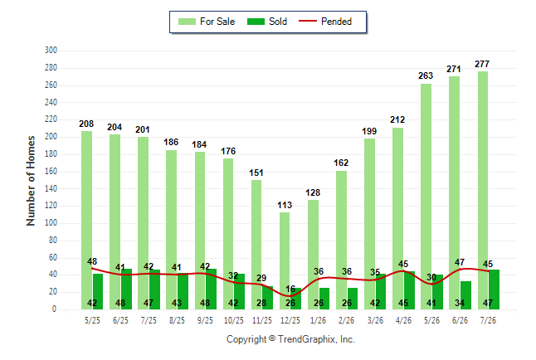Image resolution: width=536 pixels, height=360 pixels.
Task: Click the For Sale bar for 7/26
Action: (x=483, y=191)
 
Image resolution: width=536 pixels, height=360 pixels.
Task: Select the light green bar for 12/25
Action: (x=285, y=260)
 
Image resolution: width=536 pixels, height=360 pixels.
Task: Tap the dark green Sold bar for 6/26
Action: (x=465, y=295)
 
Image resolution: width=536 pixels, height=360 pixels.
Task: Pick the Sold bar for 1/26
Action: (x=324, y=299)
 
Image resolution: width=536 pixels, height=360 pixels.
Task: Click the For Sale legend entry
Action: (x=207, y=22)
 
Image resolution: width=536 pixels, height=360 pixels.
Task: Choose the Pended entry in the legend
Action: (x=325, y=22)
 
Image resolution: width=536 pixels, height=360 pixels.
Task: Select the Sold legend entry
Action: (x=267, y=22)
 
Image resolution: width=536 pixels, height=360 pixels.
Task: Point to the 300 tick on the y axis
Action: (x=51, y=51)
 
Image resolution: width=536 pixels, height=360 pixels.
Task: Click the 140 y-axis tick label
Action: (x=51, y=188)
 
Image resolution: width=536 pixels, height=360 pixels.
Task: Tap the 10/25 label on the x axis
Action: (x=234, y=320)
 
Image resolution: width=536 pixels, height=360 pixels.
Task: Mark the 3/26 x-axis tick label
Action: (x=375, y=320)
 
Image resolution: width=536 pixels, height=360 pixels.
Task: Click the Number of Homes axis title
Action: (x=31, y=181)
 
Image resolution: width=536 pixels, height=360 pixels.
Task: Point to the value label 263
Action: (x=426, y=75)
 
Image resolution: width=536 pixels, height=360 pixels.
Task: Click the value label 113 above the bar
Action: (x=285, y=205)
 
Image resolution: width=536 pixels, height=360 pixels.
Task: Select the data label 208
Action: (x=86, y=124)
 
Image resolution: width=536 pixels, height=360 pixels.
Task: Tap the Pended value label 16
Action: (x=290, y=289)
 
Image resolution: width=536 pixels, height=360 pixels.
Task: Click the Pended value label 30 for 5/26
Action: (x=431, y=277)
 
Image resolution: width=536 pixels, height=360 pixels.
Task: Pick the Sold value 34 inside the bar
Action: (x=460, y=303)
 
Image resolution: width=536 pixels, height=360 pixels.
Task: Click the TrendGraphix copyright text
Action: (x=290, y=339)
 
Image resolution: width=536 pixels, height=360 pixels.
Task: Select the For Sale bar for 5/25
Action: (x=87, y=221)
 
